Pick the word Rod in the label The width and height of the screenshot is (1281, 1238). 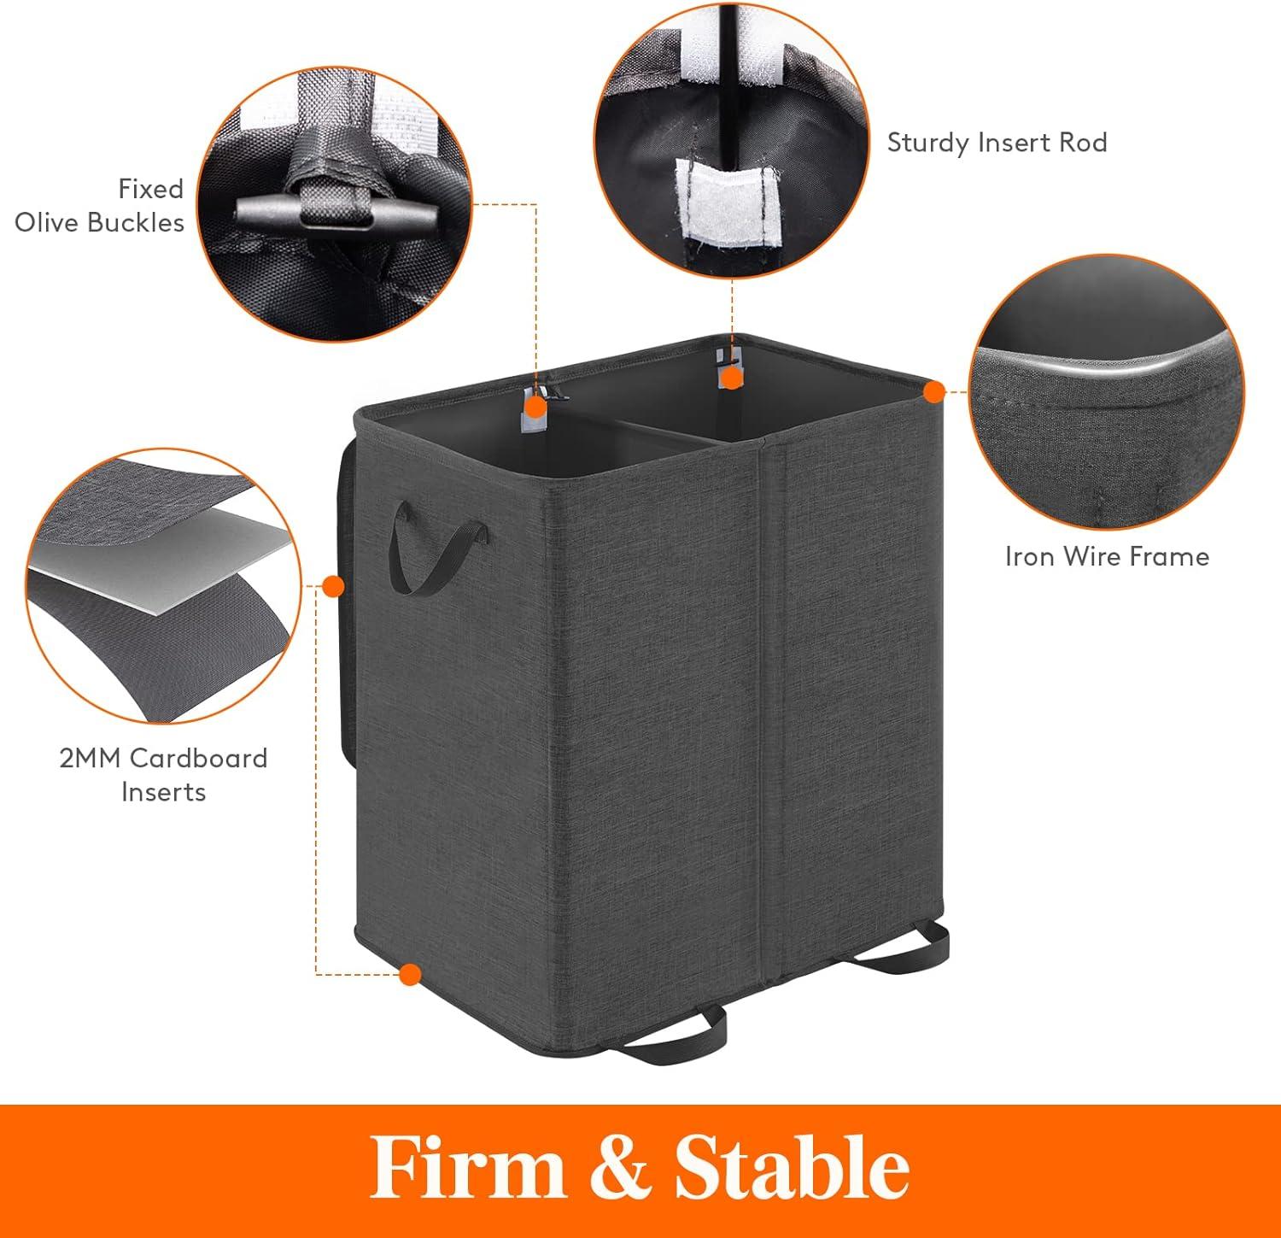click(1083, 142)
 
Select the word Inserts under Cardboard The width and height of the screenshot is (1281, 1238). click(163, 792)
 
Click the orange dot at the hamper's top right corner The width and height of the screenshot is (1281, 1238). click(934, 392)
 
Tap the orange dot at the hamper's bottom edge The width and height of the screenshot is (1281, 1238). click(412, 974)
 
